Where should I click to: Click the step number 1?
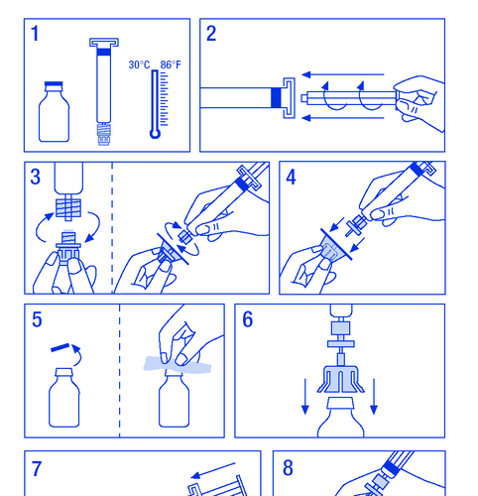click(35, 34)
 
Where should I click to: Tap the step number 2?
click(211, 34)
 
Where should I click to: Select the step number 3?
click(35, 177)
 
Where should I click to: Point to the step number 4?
click(291, 178)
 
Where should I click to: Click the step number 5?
click(37, 319)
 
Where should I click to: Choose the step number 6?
click(248, 319)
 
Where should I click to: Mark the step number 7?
click(37, 469)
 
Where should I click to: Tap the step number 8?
click(288, 468)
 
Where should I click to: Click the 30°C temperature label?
click(139, 64)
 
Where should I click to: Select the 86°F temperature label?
click(171, 64)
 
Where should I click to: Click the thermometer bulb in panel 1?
click(155, 134)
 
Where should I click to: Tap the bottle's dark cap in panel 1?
click(54, 84)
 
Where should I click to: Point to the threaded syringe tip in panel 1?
click(103, 134)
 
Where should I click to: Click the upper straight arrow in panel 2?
click(343, 74)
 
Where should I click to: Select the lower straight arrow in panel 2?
click(343, 118)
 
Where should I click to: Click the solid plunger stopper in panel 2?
click(276, 98)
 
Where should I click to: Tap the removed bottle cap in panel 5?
click(60, 347)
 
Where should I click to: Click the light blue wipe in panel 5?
click(178, 365)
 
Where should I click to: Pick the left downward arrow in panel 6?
click(305, 397)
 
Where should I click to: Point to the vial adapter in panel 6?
click(341, 379)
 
